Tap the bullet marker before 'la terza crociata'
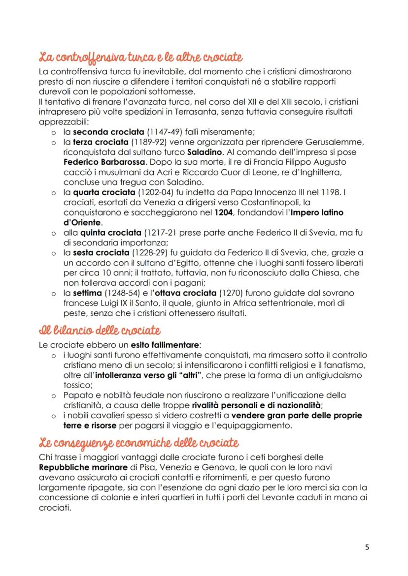54,142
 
